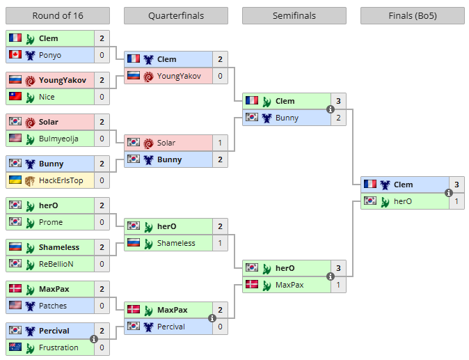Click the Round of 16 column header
click(57, 16)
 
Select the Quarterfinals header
click(175, 16)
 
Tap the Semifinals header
click(294, 16)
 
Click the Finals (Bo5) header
click(412, 16)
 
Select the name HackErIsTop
click(61, 180)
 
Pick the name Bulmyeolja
click(58, 139)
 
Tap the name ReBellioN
click(56, 264)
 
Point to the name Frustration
click(58, 347)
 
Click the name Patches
click(53, 306)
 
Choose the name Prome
click(51, 222)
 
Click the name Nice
click(47, 97)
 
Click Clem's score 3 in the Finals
click(456, 185)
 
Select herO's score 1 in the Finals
click(456, 201)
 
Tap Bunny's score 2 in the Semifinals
click(338, 118)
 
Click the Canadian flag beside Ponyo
click(15, 55)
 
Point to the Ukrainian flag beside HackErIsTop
click(15, 180)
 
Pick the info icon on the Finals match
click(449, 193)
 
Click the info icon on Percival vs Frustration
click(94, 339)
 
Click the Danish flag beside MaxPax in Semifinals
click(252, 285)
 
